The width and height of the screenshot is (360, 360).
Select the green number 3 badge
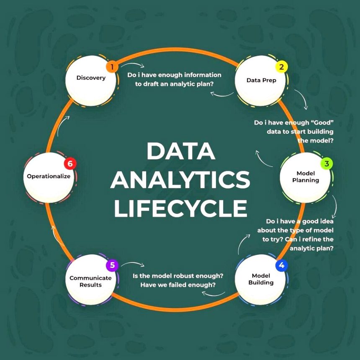(x=327, y=163)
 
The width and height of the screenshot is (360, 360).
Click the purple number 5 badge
(x=112, y=265)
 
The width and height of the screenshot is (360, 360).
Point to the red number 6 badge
(x=70, y=163)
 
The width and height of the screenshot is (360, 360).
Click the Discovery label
(x=91, y=78)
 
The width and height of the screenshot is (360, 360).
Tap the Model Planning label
(x=306, y=177)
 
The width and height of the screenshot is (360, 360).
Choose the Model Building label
(x=261, y=279)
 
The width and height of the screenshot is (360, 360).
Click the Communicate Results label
(x=90, y=281)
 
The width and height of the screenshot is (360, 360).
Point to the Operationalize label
(x=49, y=176)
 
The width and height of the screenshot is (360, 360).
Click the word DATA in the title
(x=180, y=152)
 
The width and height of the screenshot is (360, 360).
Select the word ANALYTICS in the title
(x=180, y=180)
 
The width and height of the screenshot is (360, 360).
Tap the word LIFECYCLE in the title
(x=180, y=208)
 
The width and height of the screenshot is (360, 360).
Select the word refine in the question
(x=313, y=239)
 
